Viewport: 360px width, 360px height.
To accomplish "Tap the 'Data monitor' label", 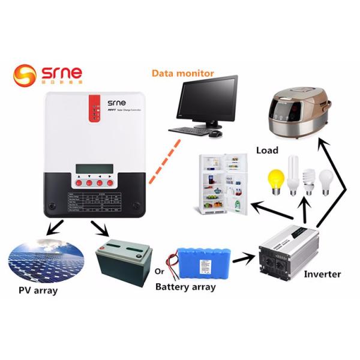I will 182,73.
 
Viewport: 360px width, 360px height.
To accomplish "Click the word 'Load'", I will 268,150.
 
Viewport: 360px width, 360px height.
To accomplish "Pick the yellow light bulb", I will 276,179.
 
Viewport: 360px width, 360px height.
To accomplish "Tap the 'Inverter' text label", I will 322,274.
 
